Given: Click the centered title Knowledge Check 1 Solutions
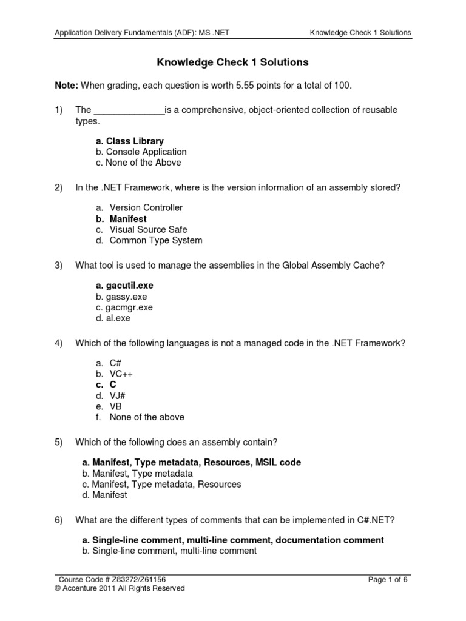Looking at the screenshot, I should coord(233,62).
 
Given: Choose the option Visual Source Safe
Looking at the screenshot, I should coord(148,230).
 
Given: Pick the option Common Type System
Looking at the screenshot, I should coord(156,241).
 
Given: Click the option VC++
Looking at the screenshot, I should coord(121,374).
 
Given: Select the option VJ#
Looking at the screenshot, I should coord(118,396).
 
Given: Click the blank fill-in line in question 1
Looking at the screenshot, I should coord(129,110).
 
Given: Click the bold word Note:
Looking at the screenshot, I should coord(66,86).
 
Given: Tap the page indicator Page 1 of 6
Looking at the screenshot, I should coord(388,579).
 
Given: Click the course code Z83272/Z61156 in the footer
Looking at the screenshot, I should coord(139,579).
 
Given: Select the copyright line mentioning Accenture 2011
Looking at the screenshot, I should coord(120,588).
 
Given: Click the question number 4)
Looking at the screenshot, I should coord(59,343).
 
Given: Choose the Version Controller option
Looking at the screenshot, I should coord(146,208).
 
